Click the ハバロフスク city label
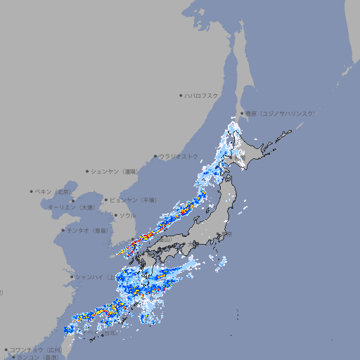click(x=202, y=95)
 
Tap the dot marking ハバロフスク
click(x=181, y=95)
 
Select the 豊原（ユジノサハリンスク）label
click(x=280, y=113)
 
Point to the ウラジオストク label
click(x=179, y=156)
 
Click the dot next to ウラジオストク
click(x=155, y=157)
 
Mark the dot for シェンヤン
click(x=88, y=171)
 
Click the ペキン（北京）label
click(x=53, y=191)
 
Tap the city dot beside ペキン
click(x=32, y=191)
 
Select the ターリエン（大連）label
click(x=71, y=208)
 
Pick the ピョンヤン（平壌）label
click(x=134, y=200)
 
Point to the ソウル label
click(x=127, y=215)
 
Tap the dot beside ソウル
click(x=115, y=215)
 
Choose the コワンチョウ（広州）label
click(x=36, y=349)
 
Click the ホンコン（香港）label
click(x=36, y=357)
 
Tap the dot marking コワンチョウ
click(x=6, y=349)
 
